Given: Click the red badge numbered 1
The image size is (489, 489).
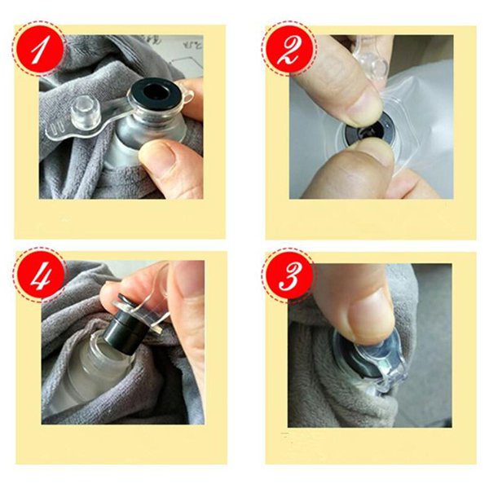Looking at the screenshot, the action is click(38, 49).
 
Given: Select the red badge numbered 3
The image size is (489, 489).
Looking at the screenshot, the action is click(289, 275).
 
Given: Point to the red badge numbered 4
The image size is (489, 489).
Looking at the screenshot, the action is click(40, 275).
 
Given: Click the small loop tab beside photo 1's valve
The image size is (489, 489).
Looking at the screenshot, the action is click(186, 95).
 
